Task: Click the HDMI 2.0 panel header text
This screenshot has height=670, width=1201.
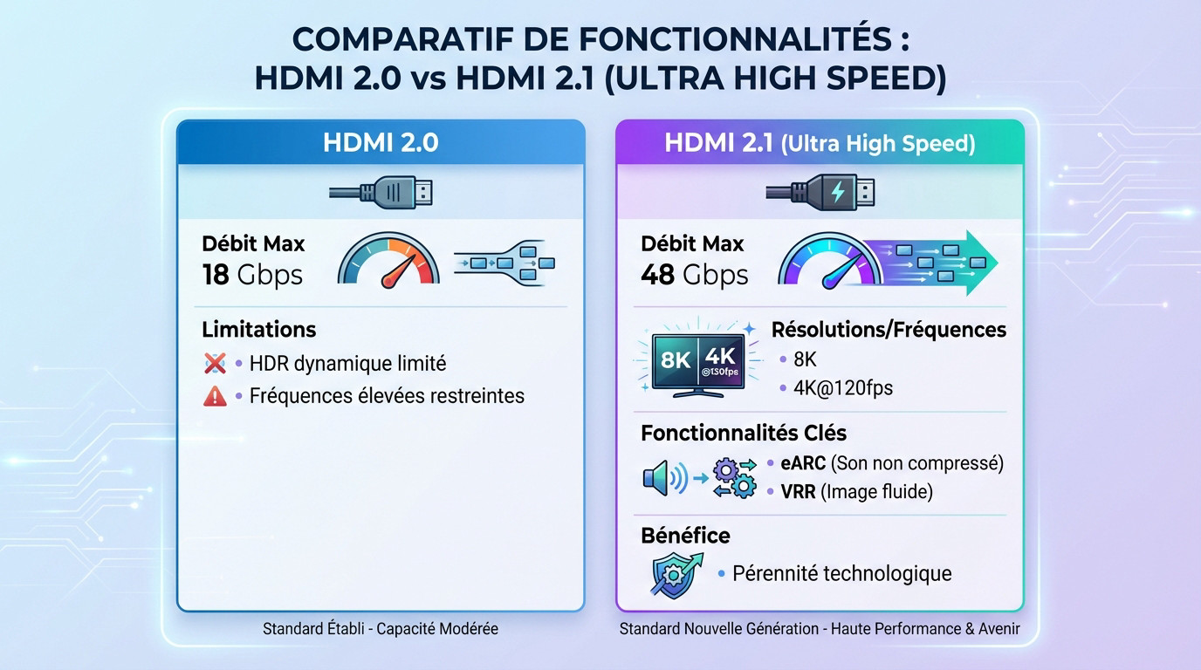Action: pyautogui.click(x=381, y=142)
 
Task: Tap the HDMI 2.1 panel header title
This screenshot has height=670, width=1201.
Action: pyautogui.click(x=819, y=142)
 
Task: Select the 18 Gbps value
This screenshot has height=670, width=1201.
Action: pyautogui.click(x=252, y=275)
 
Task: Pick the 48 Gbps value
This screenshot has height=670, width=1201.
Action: pyautogui.click(x=694, y=275)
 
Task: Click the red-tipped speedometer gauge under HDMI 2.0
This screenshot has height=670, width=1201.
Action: pyautogui.click(x=388, y=258)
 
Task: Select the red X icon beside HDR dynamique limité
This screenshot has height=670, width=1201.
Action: pyautogui.click(x=215, y=363)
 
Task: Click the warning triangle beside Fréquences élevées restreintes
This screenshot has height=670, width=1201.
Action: pyautogui.click(x=215, y=396)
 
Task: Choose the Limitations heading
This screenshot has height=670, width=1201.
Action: pyautogui.click(x=258, y=329)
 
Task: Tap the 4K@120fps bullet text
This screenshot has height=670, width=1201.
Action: pyautogui.click(x=842, y=387)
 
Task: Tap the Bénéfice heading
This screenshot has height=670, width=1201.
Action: pyautogui.click(x=685, y=535)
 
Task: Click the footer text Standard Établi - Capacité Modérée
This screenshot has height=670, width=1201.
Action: pyautogui.click(x=381, y=628)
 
